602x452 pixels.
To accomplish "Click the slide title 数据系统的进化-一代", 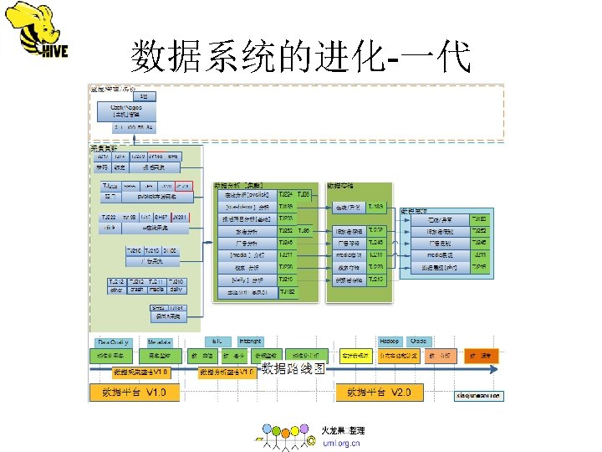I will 300,58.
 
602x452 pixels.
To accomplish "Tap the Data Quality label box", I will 113,342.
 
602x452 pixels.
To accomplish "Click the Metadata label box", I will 160,342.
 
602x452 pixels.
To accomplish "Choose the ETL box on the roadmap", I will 217,342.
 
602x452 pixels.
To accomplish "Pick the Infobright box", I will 250,342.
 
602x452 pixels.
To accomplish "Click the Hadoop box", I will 390,342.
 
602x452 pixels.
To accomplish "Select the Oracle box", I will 419,342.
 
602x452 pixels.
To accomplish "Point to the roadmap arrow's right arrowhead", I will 498,369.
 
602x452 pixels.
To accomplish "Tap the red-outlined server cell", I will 185,186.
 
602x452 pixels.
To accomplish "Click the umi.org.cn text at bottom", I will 341,443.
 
